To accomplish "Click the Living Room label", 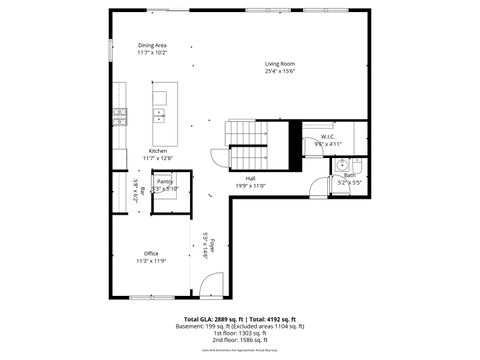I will [280, 64].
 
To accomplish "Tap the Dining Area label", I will [152, 45].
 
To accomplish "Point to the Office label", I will [151, 253].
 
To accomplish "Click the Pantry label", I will [165, 181].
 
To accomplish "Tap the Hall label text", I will [250, 178].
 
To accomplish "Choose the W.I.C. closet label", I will [327, 137].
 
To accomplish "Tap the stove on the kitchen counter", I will [119, 115].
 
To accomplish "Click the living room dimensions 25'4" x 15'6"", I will [280, 71].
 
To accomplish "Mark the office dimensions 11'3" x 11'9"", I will [151, 260].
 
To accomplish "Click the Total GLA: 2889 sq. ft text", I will [207, 319].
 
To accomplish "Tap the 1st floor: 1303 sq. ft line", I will [240, 333].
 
